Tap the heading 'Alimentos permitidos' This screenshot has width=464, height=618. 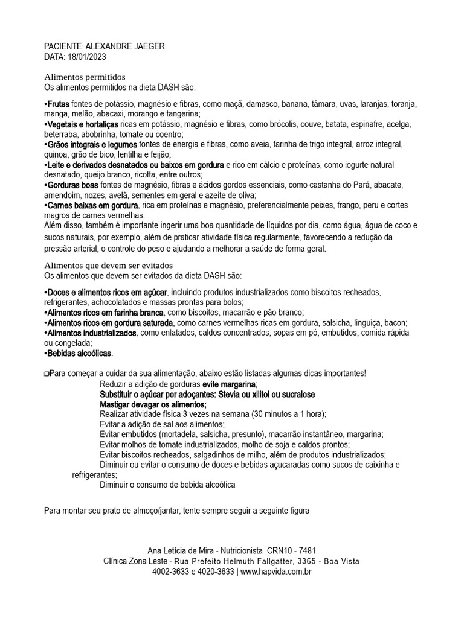[x=85, y=77]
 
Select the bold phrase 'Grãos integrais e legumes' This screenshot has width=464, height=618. [x=92, y=145]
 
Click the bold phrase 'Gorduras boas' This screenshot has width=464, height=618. [x=73, y=185]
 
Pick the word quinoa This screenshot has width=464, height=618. [x=57, y=155]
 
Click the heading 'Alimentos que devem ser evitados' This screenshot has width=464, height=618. [x=109, y=266]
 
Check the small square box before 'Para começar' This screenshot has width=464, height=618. [x=47, y=374]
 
